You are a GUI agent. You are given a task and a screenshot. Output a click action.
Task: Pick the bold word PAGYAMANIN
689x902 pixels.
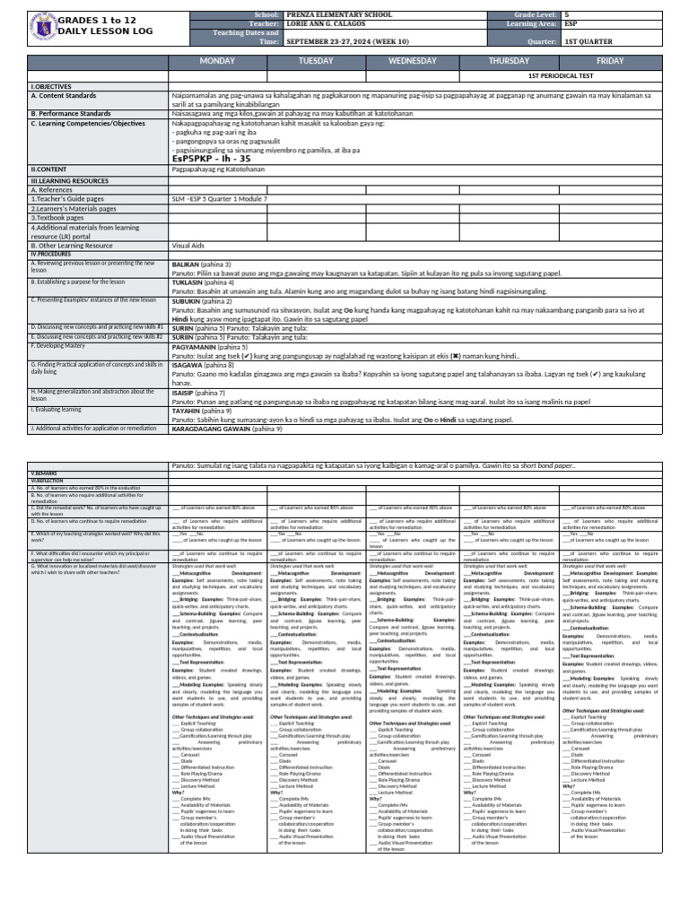(198, 346)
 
